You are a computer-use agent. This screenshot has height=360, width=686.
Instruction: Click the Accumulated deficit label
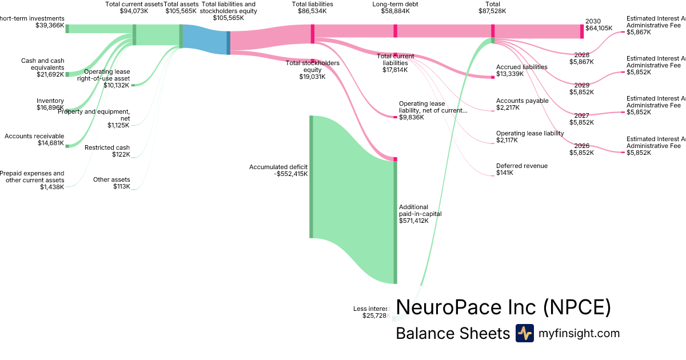(278, 170)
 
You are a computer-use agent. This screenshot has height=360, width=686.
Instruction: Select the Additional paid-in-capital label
(420, 214)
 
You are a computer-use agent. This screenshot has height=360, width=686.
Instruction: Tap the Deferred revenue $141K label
(521, 169)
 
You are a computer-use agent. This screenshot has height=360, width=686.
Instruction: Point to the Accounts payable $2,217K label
(522, 104)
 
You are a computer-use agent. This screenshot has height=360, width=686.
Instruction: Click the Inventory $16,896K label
(50, 104)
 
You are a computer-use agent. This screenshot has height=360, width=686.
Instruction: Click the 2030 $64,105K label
(599, 24)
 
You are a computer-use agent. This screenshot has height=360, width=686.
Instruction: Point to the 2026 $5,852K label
(581, 149)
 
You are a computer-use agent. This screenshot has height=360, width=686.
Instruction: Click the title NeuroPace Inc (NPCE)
(503, 307)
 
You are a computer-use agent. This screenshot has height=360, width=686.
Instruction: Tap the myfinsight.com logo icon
(524, 333)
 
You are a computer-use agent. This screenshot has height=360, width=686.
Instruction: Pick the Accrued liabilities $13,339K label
(521, 70)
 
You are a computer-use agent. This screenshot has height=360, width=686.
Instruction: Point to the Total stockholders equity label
(312, 70)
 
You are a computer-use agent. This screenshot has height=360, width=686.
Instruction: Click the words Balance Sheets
(452, 334)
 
